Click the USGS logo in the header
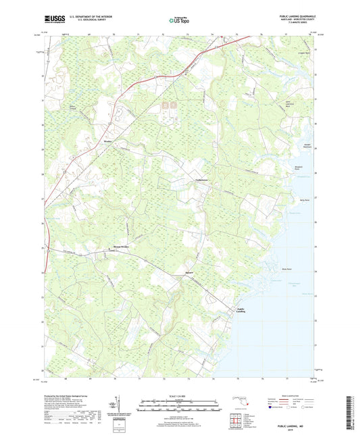click(52, 20)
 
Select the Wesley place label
click(107, 142)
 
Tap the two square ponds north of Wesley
click(169, 105)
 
